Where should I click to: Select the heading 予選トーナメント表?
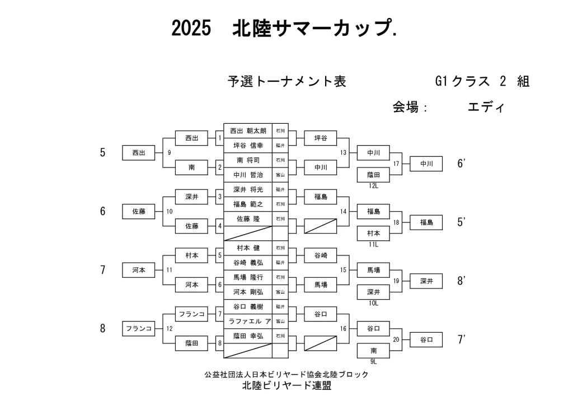[286, 82]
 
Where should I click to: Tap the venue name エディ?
[486, 107]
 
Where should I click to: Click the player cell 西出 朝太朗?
[248, 131]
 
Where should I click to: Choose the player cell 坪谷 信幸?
[248, 145]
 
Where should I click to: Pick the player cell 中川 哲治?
[248, 174]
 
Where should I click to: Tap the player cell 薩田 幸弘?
[248, 336]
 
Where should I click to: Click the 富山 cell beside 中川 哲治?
[280, 174]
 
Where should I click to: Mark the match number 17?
[397, 164]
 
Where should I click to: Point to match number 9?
[169, 152]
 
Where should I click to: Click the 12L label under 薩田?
[373, 185]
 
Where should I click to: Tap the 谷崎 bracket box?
[320, 255]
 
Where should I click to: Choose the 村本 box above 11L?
[373, 234]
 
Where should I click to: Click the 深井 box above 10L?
[373, 292]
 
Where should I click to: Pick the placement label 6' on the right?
[462, 164]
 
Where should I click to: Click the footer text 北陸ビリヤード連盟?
[286, 386]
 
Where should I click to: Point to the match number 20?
[397, 339]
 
